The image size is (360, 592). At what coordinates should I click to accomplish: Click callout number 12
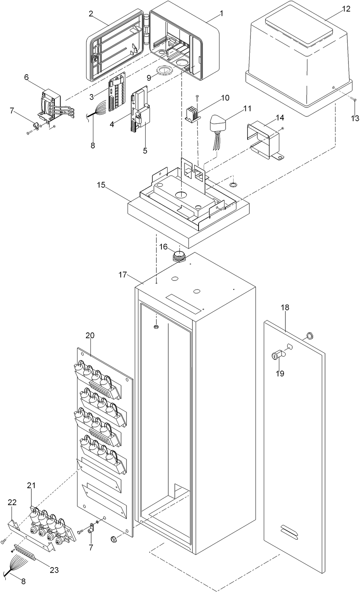click(346, 9)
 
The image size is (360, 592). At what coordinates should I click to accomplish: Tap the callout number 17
click(123, 275)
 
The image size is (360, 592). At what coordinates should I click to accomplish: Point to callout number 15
click(101, 185)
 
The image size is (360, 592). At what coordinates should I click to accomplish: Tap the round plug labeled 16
click(178, 256)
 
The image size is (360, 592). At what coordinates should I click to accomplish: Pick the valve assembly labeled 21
click(50, 523)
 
